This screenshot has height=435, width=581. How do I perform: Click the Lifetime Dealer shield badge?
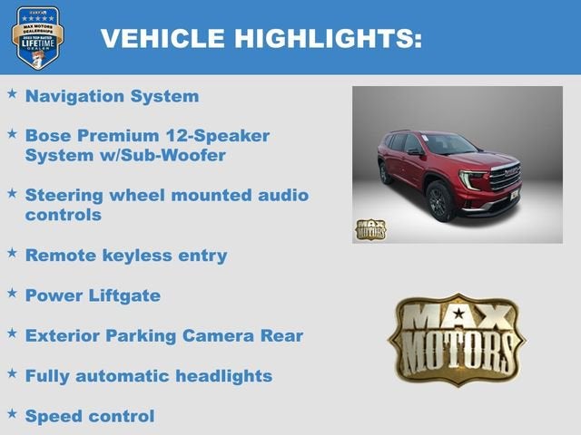(37, 37)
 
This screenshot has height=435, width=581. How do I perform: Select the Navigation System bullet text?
(112, 96)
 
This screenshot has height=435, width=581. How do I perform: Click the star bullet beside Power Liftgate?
(12, 294)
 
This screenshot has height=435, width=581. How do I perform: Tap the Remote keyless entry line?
(125, 256)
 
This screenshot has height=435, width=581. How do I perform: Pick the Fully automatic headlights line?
(148, 375)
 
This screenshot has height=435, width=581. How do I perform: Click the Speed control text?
(90, 416)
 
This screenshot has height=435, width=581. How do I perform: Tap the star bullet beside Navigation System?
(12, 94)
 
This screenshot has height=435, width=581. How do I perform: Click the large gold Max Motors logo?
(457, 339)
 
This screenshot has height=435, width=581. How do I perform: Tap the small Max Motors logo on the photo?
(369, 228)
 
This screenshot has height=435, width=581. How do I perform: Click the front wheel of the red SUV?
(440, 202)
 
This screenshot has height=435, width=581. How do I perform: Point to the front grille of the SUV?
(504, 178)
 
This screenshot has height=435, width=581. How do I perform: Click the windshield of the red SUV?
(449, 144)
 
